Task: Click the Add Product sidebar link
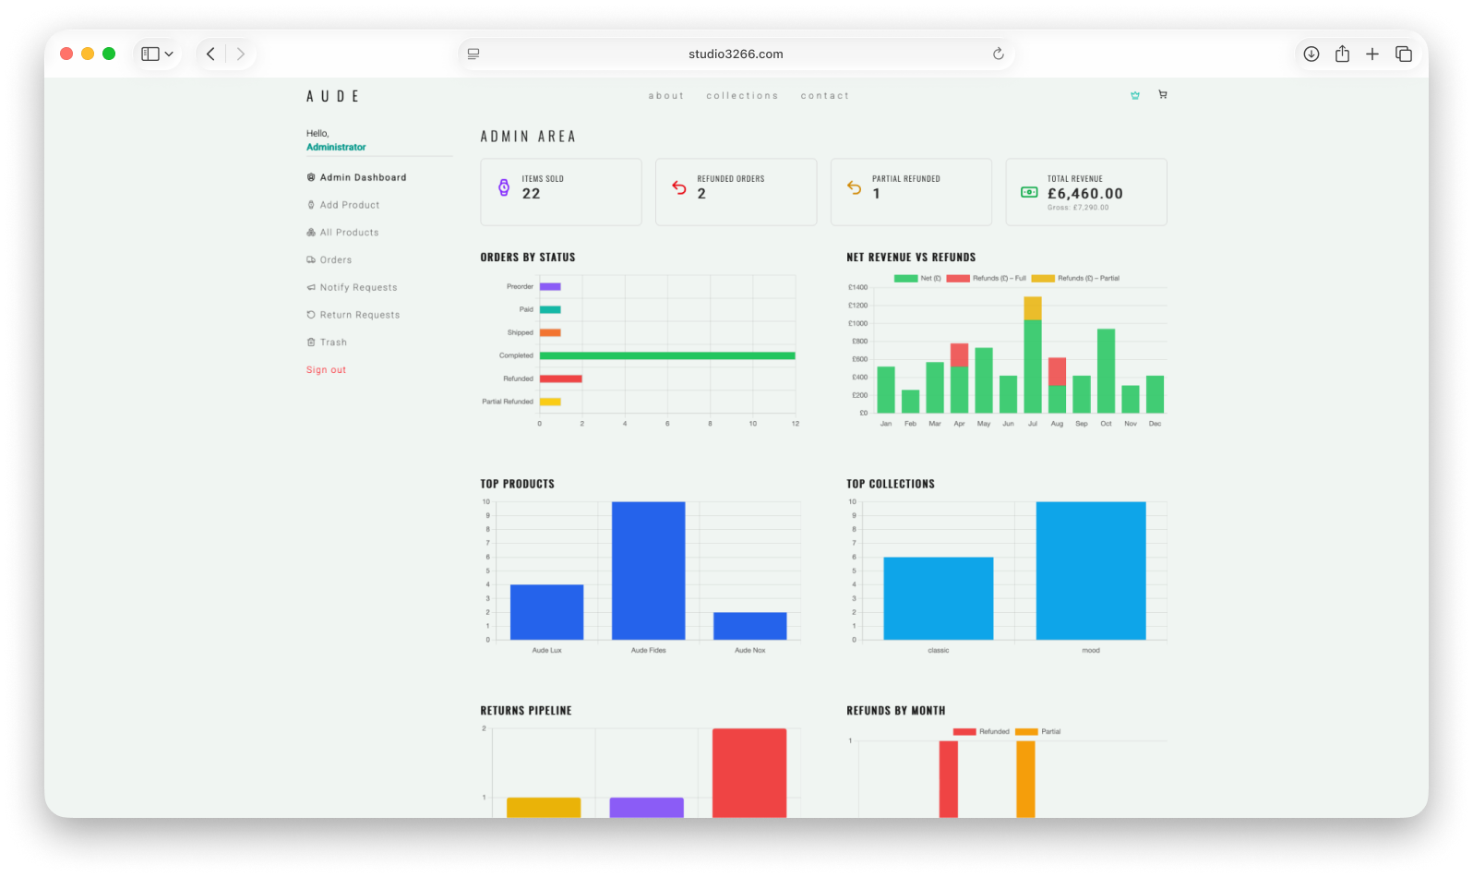pos(349,205)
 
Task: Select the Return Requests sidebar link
pos(359,315)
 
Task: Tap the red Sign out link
pos(326,370)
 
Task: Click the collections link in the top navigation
pos(742,96)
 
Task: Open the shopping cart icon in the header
pos(1162,94)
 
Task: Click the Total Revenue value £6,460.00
pos(1084,194)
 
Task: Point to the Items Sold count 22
pos(531,194)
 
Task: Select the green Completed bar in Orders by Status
pos(666,355)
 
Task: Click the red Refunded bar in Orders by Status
pos(560,378)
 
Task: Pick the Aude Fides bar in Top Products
pos(648,571)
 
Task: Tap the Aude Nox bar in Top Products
pos(749,626)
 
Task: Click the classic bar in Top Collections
pos(938,598)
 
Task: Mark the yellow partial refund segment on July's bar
pos(1032,308)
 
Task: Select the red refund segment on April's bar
pos(959,355)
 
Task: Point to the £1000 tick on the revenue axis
pos(857,324)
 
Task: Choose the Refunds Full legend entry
pos(987,278)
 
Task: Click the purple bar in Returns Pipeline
pos(646,807)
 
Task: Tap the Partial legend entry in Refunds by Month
pos(1038,731)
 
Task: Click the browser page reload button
pos(998,54)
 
